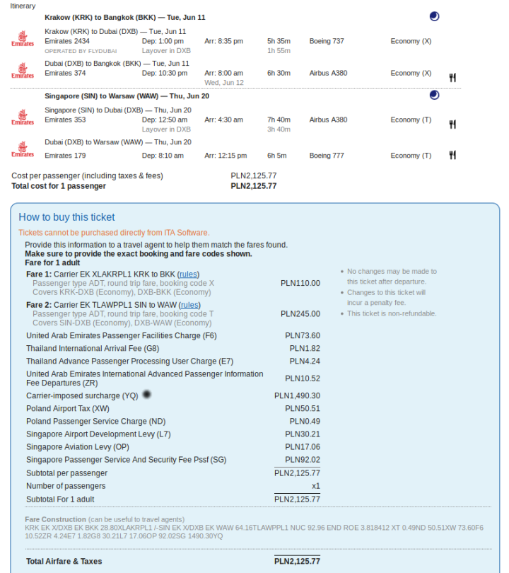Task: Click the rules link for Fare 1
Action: [189, 274]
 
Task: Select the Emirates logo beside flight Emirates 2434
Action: [23, 39]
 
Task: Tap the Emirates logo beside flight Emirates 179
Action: [23, 150]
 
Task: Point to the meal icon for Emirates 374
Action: [452, 77]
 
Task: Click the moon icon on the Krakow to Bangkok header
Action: [434, 16]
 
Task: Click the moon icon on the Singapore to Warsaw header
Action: [434, 95]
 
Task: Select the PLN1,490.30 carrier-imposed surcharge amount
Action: [297, 396]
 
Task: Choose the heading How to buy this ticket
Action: [66, 217]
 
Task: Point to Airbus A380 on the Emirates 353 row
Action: [328, 120]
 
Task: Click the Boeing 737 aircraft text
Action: [327, 41]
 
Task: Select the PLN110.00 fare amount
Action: [300, 283]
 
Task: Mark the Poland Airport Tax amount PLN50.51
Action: [303, 409]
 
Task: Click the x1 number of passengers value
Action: [315, 486]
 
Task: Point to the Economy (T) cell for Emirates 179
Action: [411, 156]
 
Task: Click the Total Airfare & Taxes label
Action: [64, 561]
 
